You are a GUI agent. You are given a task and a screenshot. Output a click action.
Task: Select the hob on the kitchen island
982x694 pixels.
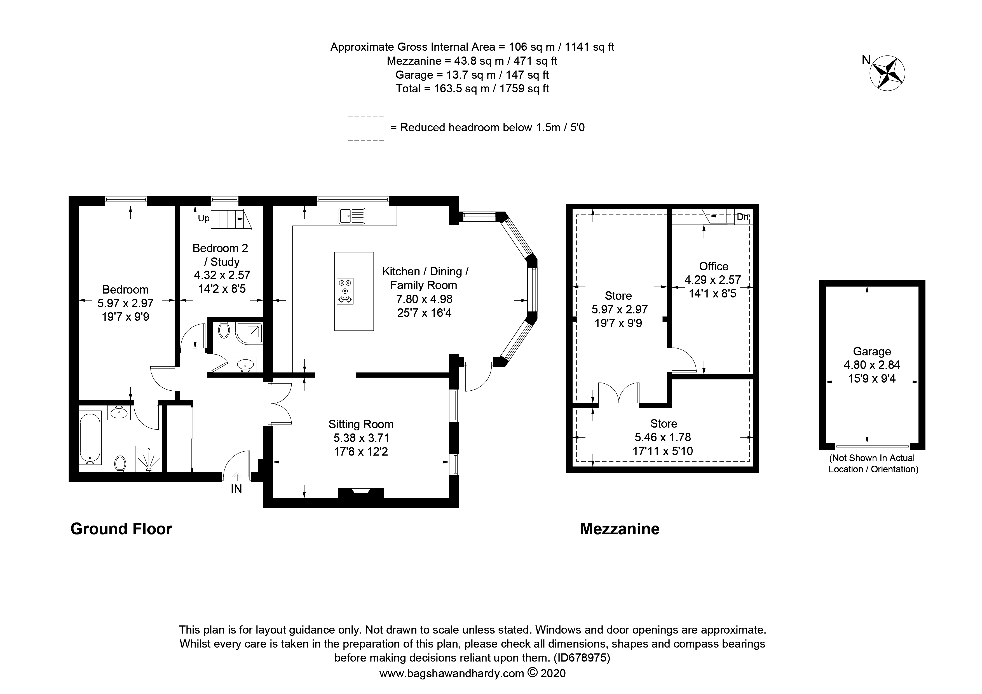[x=345, y=291]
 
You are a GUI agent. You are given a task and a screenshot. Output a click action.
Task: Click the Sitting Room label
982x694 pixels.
[x=360, y=424]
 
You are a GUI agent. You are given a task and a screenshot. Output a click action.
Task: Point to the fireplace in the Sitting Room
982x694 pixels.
[x=360, y=493]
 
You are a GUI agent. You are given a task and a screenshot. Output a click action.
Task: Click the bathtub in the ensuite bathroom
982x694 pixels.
[x=90, y=437]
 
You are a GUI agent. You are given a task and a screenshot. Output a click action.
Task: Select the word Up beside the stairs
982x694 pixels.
[x=203, y=219]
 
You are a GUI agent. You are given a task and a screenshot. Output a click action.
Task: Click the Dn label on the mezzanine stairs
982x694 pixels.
[x=742, y=217]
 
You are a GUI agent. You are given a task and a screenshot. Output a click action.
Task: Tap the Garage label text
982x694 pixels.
[x=872, y=351]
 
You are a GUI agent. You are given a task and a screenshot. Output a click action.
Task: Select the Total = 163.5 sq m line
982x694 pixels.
[x=472, y=89]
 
